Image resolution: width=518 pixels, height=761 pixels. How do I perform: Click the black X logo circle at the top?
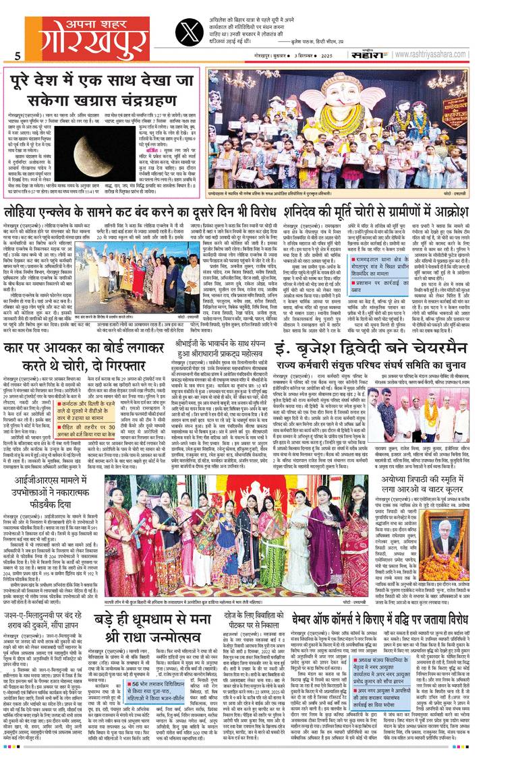pyautogui.click(x=190, y=31)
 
